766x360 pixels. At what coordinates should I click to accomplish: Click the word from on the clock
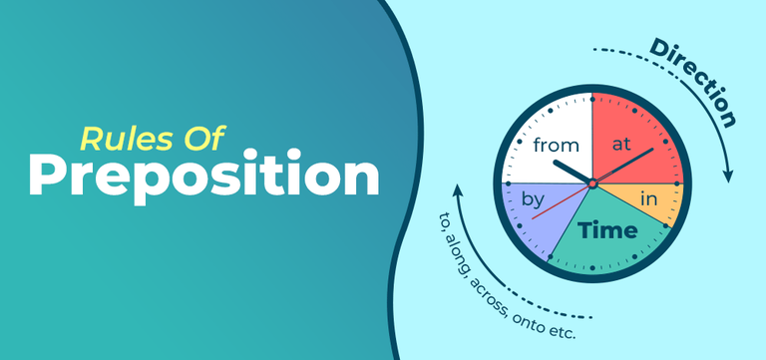pos(556,146)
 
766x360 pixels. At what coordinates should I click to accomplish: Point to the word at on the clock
pos(622,144)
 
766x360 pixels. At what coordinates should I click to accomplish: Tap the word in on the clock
pos(648,200)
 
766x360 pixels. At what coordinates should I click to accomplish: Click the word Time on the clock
pos(609,231)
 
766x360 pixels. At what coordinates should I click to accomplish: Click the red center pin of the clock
pos(591,183)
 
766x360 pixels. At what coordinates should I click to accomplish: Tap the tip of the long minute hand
pos(653,149)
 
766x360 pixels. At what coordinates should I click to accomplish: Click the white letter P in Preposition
pos(46,177)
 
